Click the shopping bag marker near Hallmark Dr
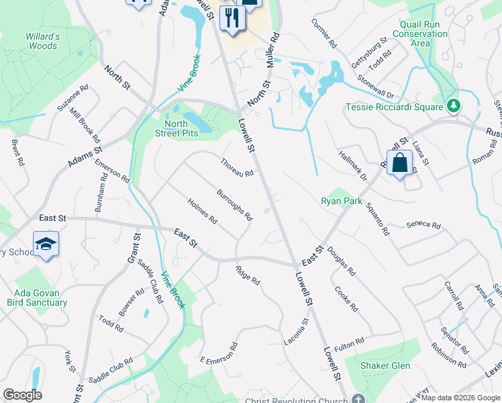(x=399, y=163)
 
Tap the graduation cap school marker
(x=45, y=244)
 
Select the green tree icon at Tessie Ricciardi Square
(x=454, y=106)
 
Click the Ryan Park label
(x=341, y=201)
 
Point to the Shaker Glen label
(x=387, y=365)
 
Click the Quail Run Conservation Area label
(x=420, y=33)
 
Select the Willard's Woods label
(x=43, y=41)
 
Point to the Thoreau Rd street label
(x=237, y=167)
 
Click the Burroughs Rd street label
(x=234, y=205)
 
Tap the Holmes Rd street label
(x=202, y=210)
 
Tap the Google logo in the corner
(x=23, y=395)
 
